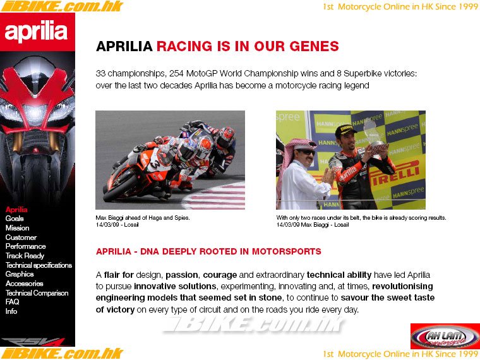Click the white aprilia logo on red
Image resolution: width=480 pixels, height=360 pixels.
(36, 32)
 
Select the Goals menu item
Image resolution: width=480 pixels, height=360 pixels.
(15, 219)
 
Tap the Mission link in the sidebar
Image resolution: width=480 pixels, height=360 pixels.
(18, 228)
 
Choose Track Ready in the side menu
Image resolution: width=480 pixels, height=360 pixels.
(25, 256)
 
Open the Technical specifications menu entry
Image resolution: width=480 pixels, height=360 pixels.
(39, 265)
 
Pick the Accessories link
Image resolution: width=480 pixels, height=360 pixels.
(24, 284)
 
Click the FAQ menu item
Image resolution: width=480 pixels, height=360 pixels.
(12, 302)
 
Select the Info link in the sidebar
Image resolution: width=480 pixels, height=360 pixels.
(11, 311)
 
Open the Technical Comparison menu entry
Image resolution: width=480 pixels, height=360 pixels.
(37, 293)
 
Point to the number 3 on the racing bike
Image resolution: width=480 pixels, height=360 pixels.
(155, 163)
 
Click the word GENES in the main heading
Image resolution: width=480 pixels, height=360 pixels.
(314, 47)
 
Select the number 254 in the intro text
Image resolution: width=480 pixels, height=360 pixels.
(177, 74)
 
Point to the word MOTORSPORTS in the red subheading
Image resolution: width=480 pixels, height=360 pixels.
(287, 251)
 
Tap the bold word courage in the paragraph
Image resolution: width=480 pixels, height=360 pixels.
(220, 275)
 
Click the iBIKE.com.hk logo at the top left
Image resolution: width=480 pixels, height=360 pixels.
(62, 6)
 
